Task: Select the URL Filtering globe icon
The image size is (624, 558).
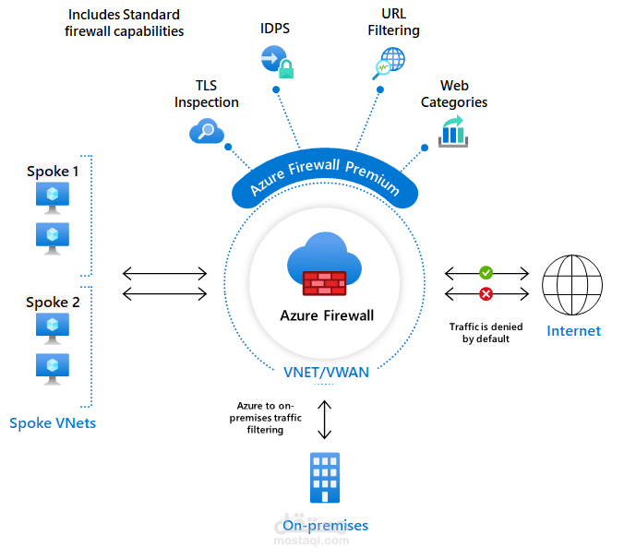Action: pyautogui.click(x=388, y=63)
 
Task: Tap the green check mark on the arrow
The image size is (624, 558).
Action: pyautogui.click(x=486, y=273)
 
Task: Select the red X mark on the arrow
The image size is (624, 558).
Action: pyautogui.click(x=486, y=294)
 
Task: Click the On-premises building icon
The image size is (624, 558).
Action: pyautogui.click(x=325, y=478)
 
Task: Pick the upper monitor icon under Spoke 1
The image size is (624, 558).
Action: pyautogui.click(x=52, y=197)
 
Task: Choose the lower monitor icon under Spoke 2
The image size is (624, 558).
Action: pyautogui.click(x=52, y=366)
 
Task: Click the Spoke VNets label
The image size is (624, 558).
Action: pyautogui.click(x=52, y=423)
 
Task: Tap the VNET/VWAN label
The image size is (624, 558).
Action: pyautogui.click(x=324, y=373)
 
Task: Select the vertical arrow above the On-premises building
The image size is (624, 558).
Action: pyautogui.click(x=325, y=420)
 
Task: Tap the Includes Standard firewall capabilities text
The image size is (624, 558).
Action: pyautogui.click(x=125, y=23)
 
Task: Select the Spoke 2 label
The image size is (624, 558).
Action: pyautogui.click(x=53, y=303)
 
